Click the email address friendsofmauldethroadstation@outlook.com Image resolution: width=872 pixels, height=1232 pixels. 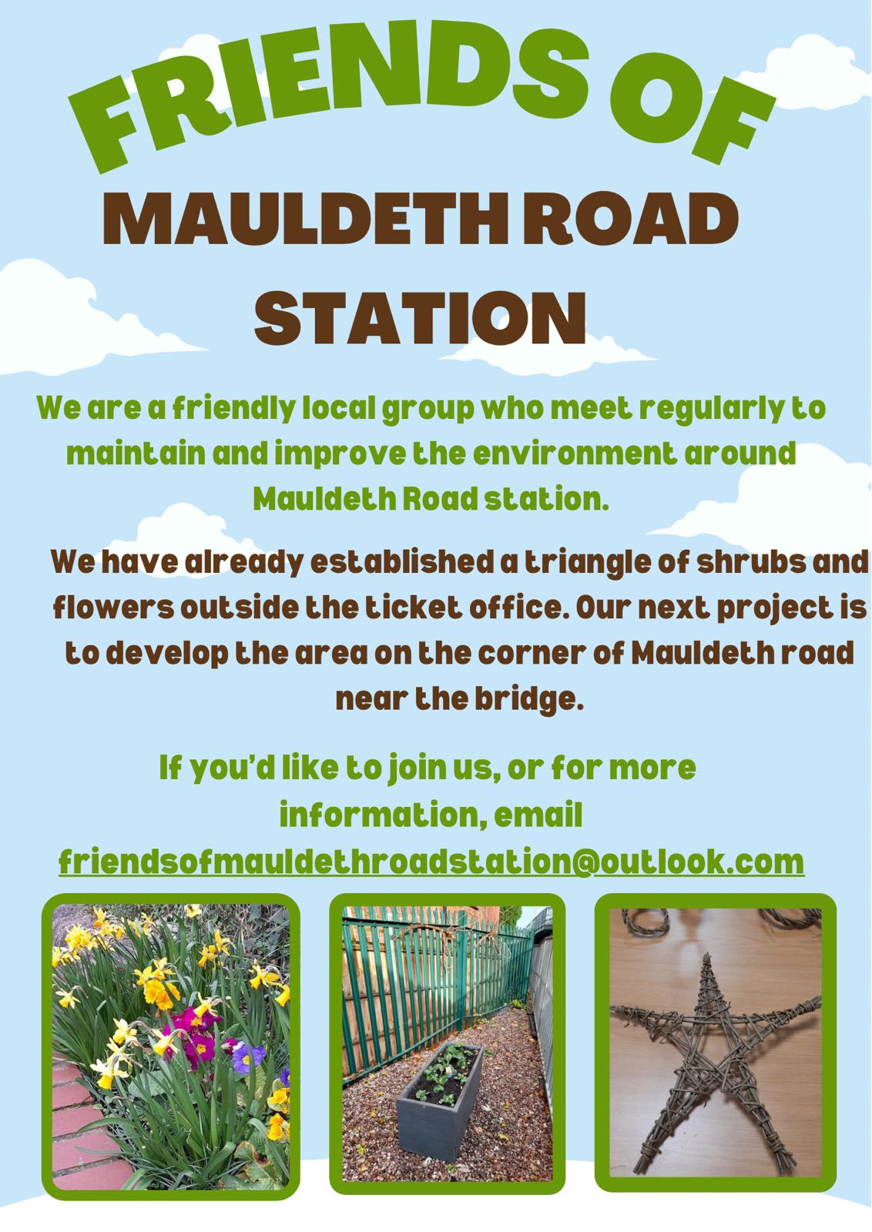pos(431,862)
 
